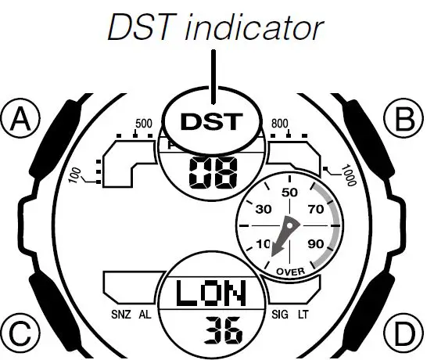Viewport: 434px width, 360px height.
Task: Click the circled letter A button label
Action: pos(20,119)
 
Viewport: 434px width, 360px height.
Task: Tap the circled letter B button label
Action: pos(404,119)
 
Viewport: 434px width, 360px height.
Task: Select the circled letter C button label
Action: pos(20,333)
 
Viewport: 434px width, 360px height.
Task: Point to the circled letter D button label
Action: pos(404,333)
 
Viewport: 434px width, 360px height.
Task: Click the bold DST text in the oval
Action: pos(212,121)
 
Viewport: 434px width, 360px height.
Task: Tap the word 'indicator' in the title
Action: pos(254,27)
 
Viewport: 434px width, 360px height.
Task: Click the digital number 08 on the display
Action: pos(213,172)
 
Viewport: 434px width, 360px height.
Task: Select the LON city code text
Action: pos(211,293)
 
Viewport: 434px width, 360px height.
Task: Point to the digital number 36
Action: pos(223,330)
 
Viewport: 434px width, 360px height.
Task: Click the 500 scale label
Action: pos(144,124)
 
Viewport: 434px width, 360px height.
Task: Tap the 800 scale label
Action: pos(280,124)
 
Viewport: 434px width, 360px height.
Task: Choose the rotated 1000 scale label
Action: pos(349,175)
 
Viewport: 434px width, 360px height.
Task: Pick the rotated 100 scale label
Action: pos(75,175)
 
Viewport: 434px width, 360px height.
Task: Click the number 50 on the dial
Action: pos(289,193)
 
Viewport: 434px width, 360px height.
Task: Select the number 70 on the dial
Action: pos(316,209)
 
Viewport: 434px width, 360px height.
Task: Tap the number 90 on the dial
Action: pos(316,243)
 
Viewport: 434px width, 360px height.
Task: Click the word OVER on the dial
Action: pos(290,272)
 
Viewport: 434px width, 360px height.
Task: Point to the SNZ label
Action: pos(121,315)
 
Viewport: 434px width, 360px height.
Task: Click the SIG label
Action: pos(279,315)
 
